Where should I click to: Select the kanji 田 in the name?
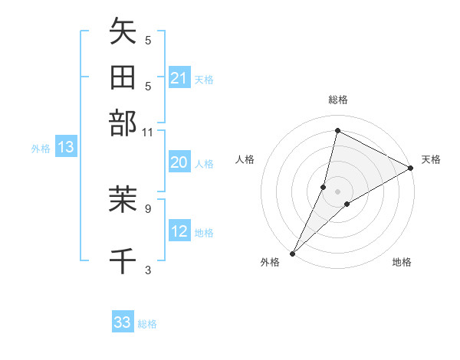click(x=123, y=77)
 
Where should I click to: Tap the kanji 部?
click(x=123, y=123)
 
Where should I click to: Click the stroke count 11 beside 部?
click(x=148, y=132)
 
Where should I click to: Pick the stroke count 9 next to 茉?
click(x=148, y=208)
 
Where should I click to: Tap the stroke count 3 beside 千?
click(x=148, y=269)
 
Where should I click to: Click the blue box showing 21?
click(x=179, y=78)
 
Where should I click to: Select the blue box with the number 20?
click(x=179, y=162)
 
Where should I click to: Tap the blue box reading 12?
click(x=179, y=231)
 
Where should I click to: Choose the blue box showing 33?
click(x=123, y=322)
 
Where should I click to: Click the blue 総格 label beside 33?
click(x=147, y=324)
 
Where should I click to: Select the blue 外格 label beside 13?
click(x=40, y=149)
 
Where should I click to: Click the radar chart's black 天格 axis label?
click(x=431, y=159)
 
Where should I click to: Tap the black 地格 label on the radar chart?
click(x=402, y=263)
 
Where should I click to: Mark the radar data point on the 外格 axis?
click(x=293, y=253)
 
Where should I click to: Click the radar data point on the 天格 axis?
click(x=411, y=169)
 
